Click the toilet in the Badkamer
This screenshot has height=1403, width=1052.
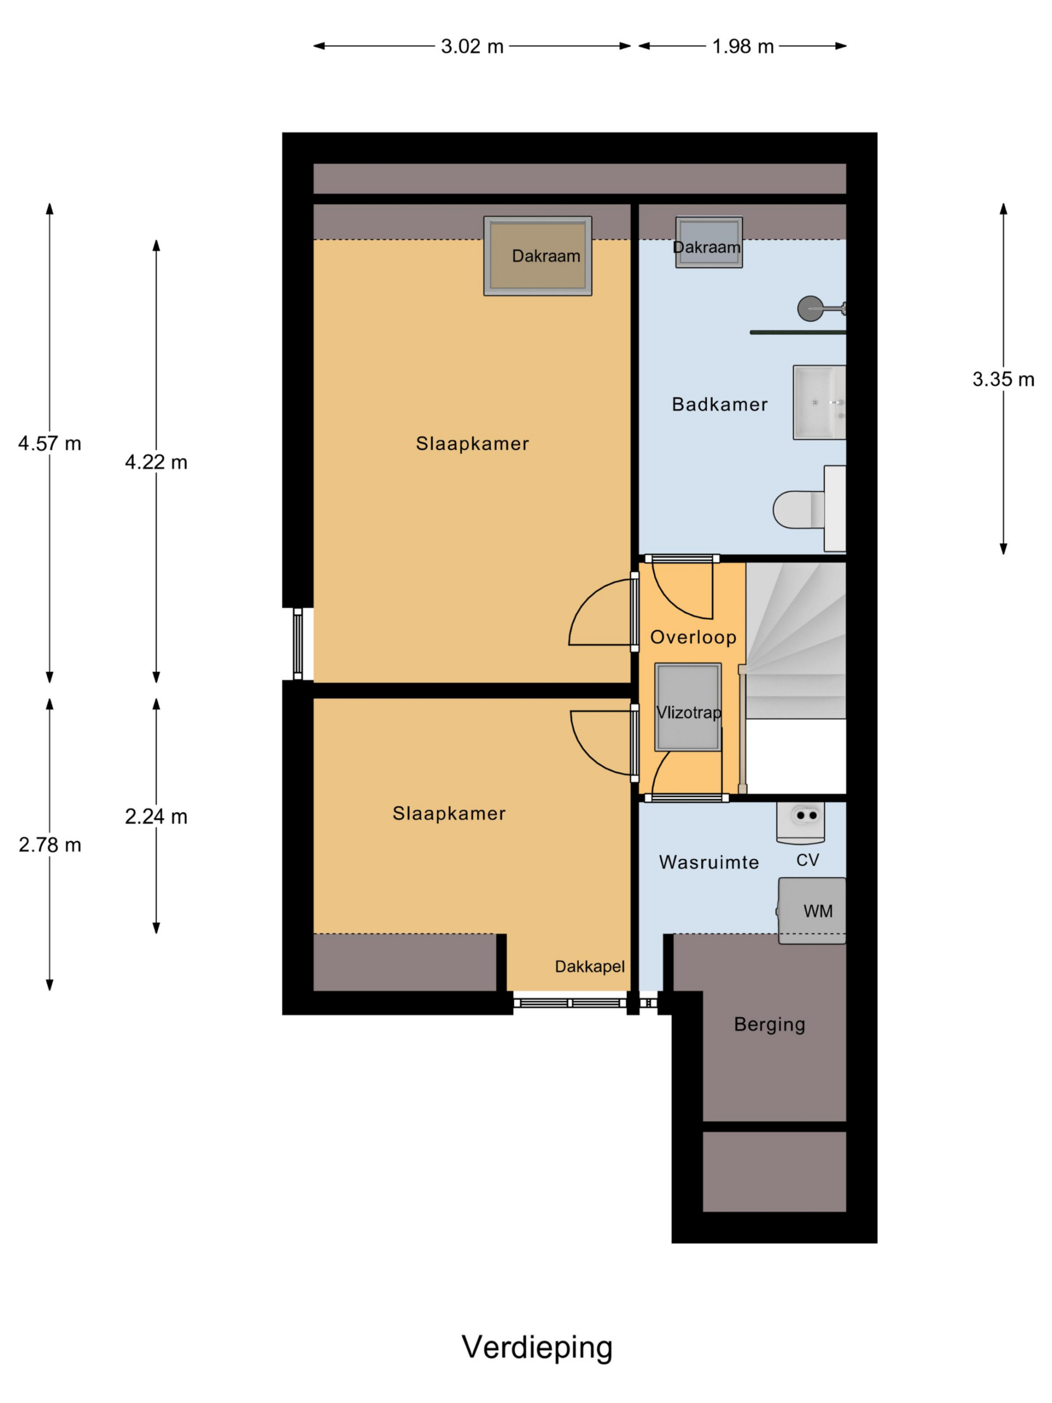809,509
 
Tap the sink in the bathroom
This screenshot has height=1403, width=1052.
819,402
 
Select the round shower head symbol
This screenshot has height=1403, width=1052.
809,309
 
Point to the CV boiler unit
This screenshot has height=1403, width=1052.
801,823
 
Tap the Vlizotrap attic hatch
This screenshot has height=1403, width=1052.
688,707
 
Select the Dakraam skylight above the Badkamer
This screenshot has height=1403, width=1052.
709,242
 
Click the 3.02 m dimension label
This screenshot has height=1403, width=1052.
472,46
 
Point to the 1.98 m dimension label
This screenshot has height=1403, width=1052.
742,46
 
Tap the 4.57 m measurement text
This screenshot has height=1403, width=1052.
50,443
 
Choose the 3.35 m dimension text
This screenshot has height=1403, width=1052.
1003,379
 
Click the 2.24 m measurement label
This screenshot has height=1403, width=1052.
156,816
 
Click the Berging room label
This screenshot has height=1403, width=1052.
769,1024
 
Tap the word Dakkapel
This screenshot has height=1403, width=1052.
590,966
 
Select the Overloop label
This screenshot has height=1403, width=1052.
693,637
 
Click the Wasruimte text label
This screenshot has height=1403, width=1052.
709,862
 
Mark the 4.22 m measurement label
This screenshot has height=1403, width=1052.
156,462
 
